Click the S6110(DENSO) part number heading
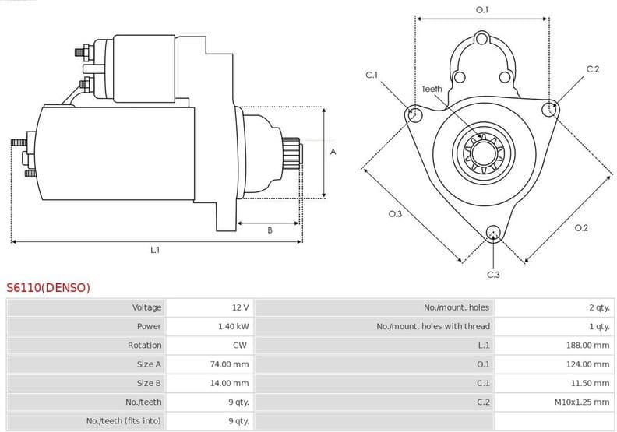[48, 288]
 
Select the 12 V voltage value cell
[240, 307]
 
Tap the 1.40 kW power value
[233, 326]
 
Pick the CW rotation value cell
[240, 345]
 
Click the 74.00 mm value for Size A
[231, 364]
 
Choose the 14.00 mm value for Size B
[231, 383]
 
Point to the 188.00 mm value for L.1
[587, 345]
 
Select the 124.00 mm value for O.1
[587, 364]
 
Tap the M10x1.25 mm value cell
[581, 402]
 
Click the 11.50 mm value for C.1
[590, 383]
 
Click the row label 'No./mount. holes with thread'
[433, 326]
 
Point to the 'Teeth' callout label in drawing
[432, 89]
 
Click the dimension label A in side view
[333, 152]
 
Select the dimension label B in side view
[270, 230]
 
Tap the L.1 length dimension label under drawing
[155, 250]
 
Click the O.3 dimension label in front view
[395, 214]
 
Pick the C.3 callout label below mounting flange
[493, 275]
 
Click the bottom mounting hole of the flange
[492, 231]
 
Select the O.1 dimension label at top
[482, 9]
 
